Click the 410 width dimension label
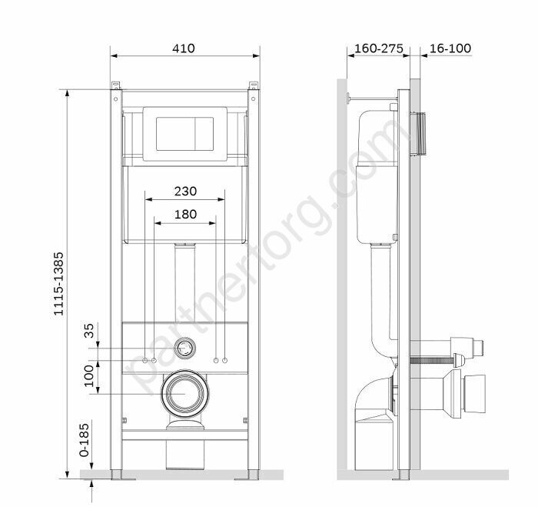click(x=184, y=48)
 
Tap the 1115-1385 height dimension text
click(x=58, y=284)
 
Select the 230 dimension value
click(x=185, y=191)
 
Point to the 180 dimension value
click(x=186, y=215)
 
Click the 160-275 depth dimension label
click(x=379, y=48)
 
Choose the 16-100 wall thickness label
click(x=450, y=48)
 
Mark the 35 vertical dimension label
click(x=89, y=331)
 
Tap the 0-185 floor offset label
click(x=84, y=439)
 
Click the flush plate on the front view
click(x=185, y=134)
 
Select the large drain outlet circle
click(x=185, y=394)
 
